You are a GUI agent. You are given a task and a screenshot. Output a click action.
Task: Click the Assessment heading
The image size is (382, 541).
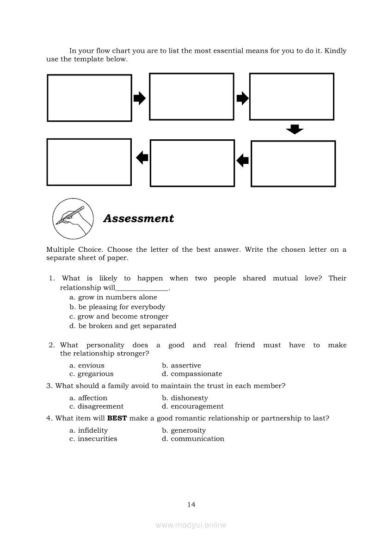[x=138, y=218]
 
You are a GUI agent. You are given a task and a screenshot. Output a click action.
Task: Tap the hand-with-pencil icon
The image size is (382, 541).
[x=73, y=218]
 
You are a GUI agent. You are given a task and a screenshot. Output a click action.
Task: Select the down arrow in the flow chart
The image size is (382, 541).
[x=295, y=130]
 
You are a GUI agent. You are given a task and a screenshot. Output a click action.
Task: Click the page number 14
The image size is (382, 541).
[x=191, y=504]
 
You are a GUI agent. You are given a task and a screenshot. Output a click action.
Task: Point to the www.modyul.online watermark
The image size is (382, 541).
[x=191, y=525]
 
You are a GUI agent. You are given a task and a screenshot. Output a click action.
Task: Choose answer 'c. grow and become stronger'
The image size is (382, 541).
[x=119, y=317]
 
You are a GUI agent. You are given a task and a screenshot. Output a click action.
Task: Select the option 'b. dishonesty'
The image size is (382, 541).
[x=185, y=398]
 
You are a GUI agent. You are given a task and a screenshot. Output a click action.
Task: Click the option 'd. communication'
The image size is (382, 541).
[x=193, y=439]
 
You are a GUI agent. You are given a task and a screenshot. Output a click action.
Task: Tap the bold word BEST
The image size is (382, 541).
[x=117, y=418]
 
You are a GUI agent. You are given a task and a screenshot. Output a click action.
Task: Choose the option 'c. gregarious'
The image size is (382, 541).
[x=92, y=374]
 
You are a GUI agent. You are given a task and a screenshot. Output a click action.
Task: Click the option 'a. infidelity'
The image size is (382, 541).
[x=89, y=430]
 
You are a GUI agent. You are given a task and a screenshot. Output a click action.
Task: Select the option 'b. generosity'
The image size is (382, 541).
[x=184, y=430]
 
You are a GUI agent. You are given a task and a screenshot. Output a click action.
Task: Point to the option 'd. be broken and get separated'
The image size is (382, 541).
[x=123, y=326]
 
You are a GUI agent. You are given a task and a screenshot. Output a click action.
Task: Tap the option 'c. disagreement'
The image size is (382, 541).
[x=97, y=406]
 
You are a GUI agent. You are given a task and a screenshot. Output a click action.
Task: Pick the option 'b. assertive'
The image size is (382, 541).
[x=181, y=366]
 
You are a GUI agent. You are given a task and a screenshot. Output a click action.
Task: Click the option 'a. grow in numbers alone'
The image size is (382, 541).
[x=113, y=297]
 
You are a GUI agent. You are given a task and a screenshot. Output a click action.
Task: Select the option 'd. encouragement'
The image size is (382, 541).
[x=193, y=406]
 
